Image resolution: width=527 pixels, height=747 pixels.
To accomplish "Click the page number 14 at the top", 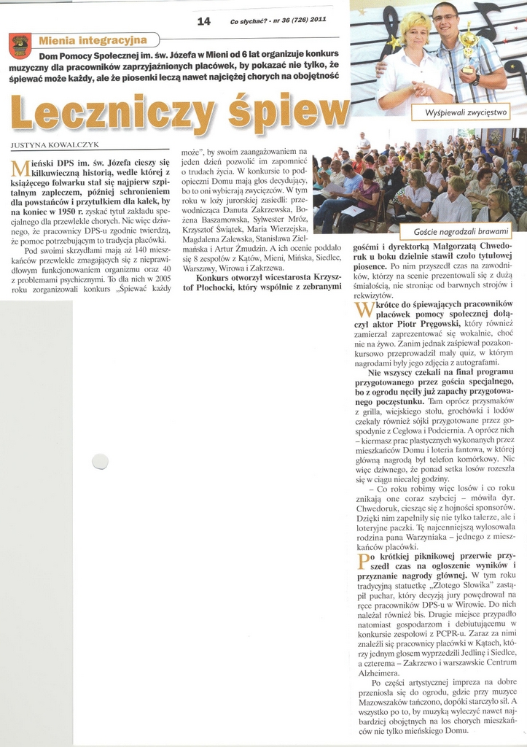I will click(204, 21).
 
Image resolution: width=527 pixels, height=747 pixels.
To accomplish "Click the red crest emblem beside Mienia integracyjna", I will click(20, 46).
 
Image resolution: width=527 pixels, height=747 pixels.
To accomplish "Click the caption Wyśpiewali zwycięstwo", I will click(461, 112).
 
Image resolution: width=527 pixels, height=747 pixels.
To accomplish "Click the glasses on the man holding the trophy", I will click(445, 18).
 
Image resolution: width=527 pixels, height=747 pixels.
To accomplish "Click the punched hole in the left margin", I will click(100, 461).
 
